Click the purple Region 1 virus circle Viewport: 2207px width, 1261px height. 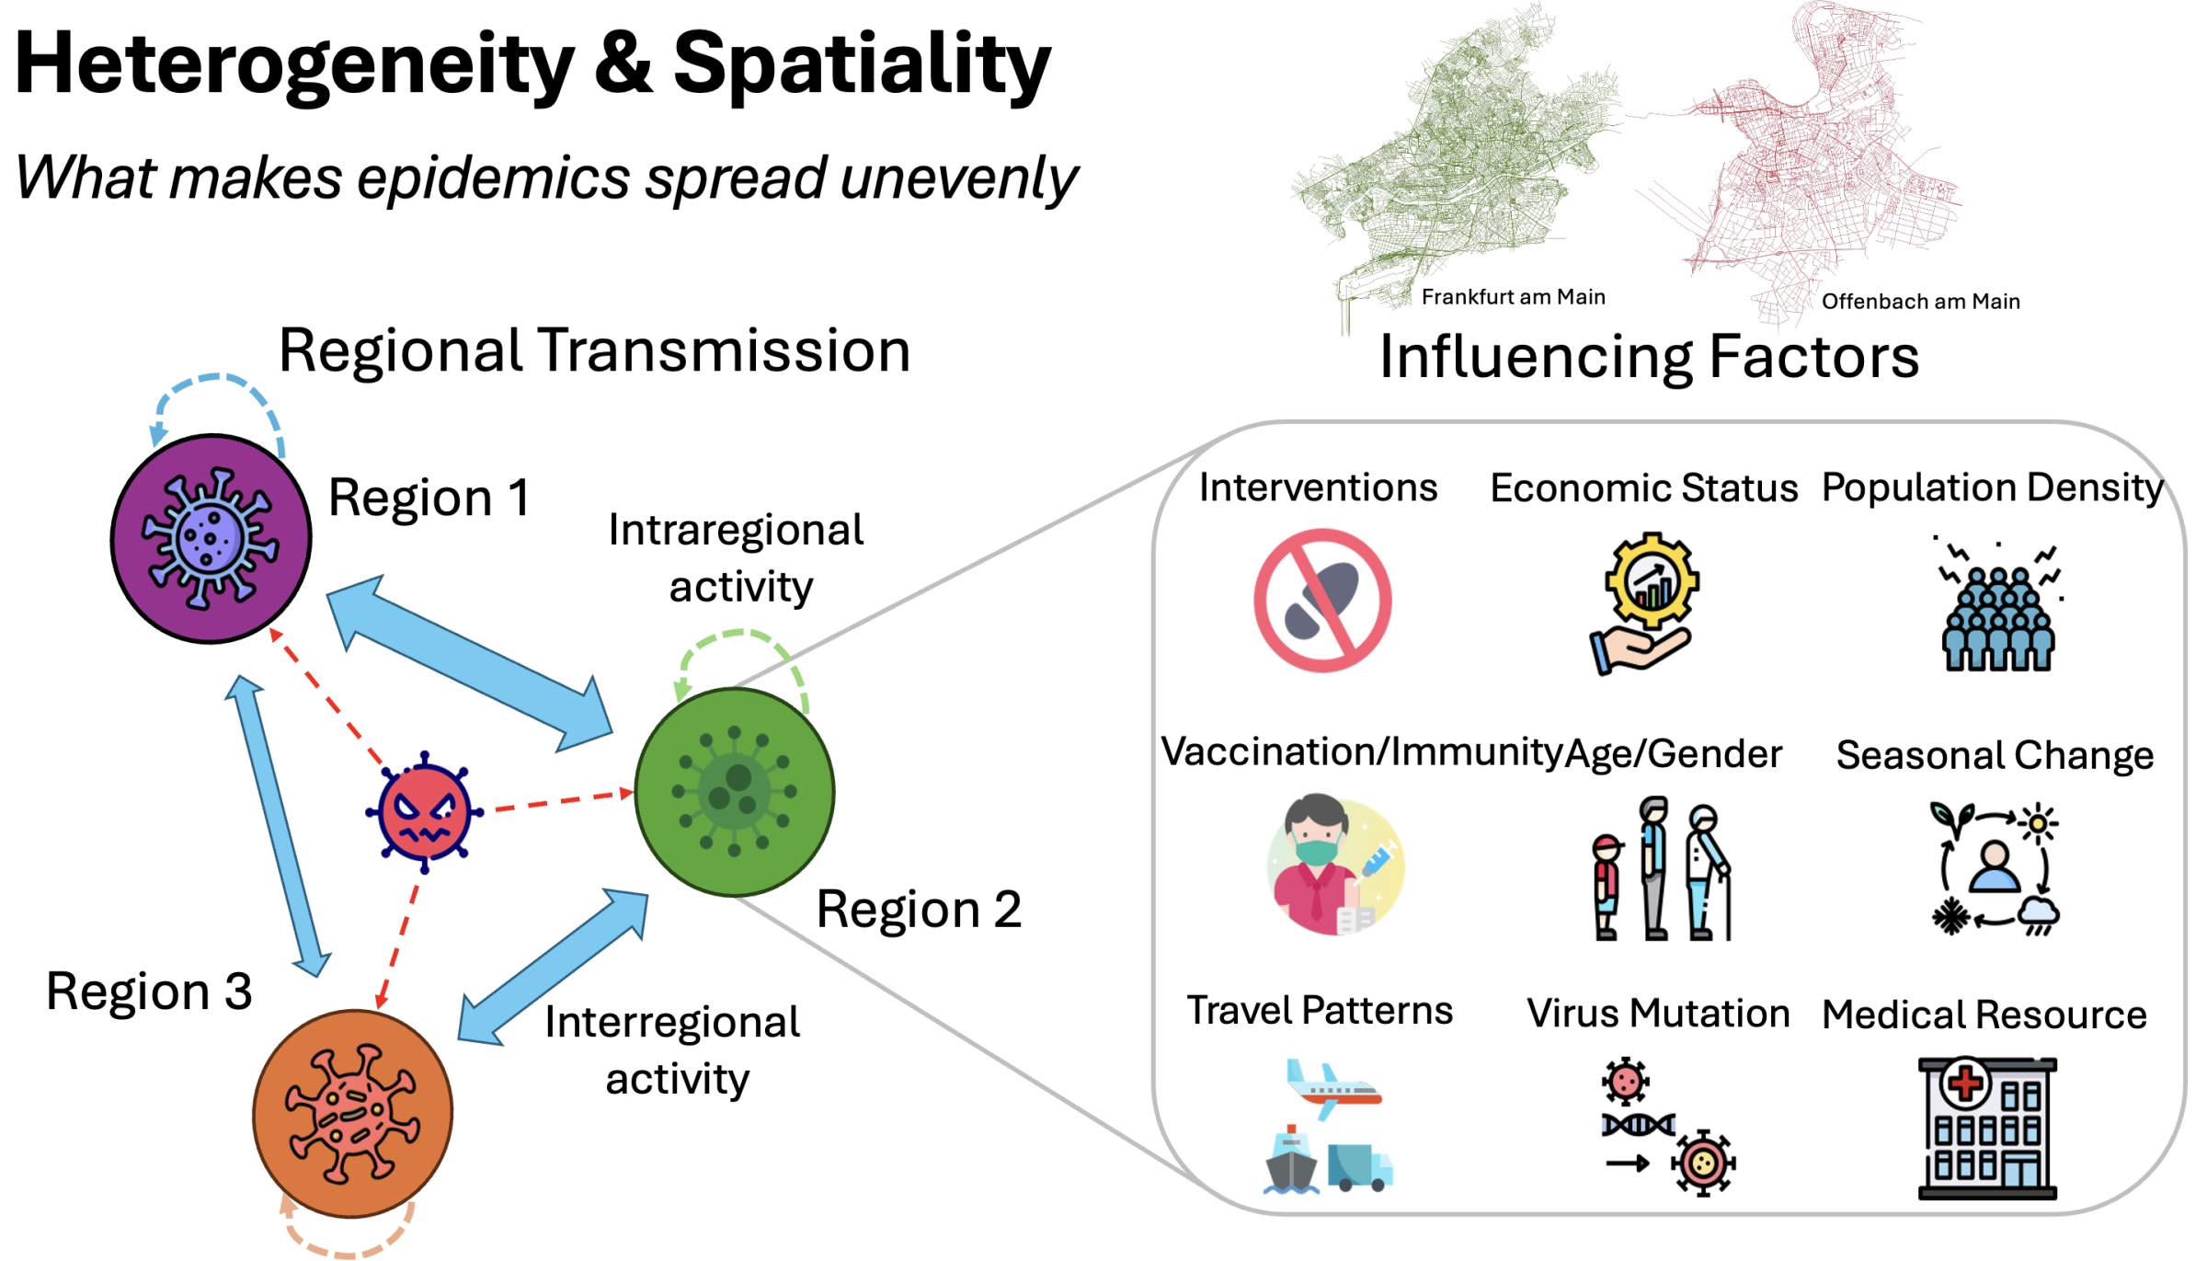(211, 539)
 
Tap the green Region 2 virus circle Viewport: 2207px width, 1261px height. (735, 792)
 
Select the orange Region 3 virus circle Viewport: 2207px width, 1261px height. (353, 1114)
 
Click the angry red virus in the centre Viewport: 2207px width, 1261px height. (424, 812)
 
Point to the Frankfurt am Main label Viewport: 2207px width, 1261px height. (1513, 297)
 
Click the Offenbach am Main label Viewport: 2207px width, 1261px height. (1920, 302)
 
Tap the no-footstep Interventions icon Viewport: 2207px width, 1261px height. (1322, 601)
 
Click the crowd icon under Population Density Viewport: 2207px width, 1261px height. (1997, 616)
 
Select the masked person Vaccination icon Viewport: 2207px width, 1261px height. (1333, 866)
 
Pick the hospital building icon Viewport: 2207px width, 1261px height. (1987, 1129)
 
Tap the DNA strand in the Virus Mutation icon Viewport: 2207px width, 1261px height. (1638, 1125)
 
